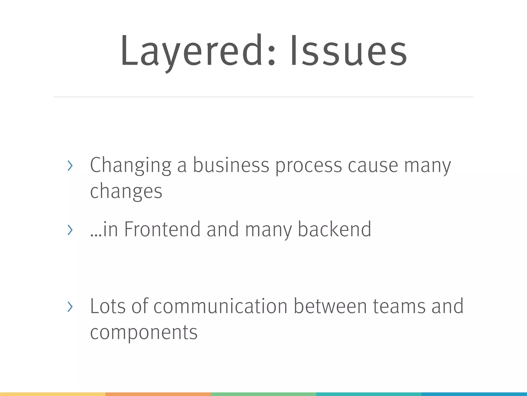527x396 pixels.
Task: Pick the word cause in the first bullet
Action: click(x=373, y=166)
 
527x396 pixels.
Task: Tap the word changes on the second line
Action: click(x=126, y=192)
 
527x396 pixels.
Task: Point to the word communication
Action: click(x=221, y=306)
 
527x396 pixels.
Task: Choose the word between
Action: click(x=330, y=306)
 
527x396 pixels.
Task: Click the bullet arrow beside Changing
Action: click(x=70, y=166)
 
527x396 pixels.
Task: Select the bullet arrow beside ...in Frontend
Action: click(x=70, y=230)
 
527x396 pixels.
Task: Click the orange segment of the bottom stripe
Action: click(x=158, y=394)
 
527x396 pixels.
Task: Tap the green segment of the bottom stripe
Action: click(x=263, y=394)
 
